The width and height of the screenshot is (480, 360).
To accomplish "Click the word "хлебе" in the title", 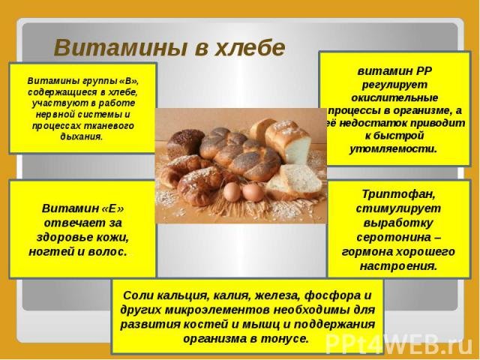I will pyautogui.click(x=250, y=48).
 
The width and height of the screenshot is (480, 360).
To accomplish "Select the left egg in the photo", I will pyautogui.click(x=230, y=192).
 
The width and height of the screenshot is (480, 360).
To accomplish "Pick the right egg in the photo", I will pyautogui.click(x=253, y=192).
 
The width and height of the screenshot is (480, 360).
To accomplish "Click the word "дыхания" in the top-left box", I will pyautogui.click(x=81, y=136).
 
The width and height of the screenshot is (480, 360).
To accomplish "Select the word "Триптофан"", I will pyautogui.click(x=391, y=193).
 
